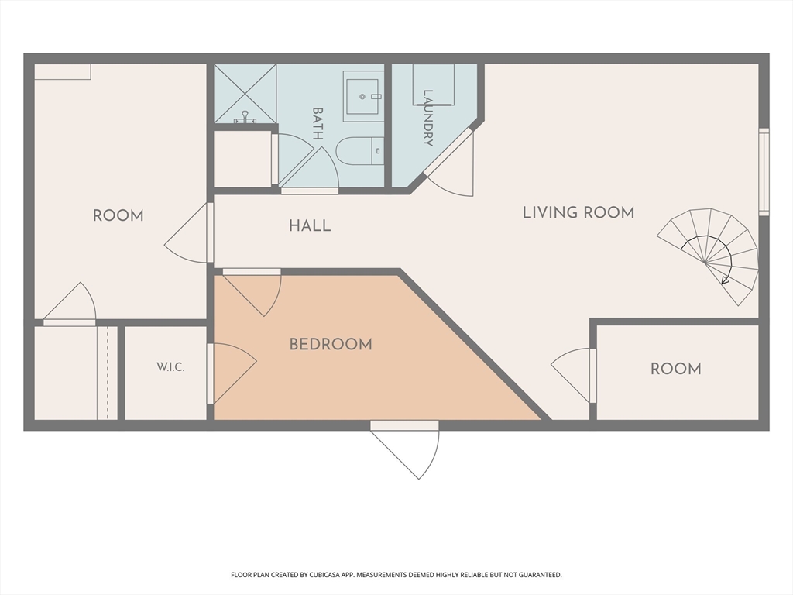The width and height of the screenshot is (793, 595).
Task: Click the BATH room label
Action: click(x=318, y=123)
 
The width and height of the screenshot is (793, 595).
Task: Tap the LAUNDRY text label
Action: click(x=427, y=118)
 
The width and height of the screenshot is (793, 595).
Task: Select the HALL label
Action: click(x=310, y=225)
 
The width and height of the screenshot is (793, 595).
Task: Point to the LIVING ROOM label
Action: click(x=578, y=212)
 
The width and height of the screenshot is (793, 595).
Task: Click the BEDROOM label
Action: click(x=331, y=345)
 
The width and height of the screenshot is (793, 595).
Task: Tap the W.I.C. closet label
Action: click(x=170, y=367)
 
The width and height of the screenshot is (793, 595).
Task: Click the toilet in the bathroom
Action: click(x=360, y=151)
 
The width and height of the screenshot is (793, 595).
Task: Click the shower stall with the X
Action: click(x=245, y=94)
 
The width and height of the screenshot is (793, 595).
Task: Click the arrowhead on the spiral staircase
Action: click(x=725, y=280)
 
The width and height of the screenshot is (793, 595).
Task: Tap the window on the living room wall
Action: click(x=764, y=172)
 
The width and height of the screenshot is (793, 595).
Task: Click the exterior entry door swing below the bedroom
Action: click(x=404, y=450)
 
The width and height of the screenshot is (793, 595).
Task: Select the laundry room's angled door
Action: click(x=448, y=161)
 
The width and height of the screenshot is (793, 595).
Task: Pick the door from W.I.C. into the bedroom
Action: click(x=232, y=373)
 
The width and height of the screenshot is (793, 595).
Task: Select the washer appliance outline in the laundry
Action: click(x=434, y=84)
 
